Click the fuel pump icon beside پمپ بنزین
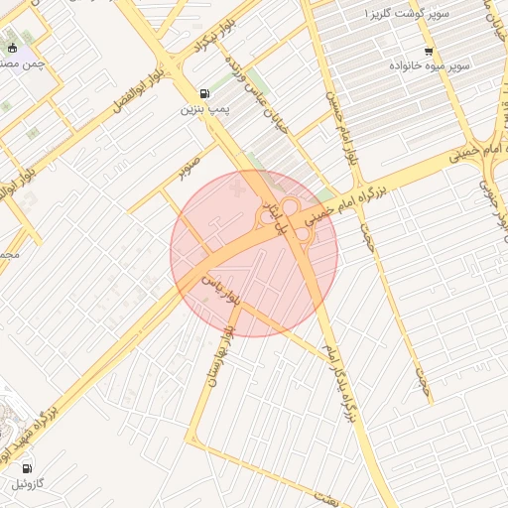(x=204, y=93)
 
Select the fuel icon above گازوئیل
(x=27, y=468)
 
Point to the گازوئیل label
(x=29, y=485)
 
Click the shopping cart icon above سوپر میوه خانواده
(x=429, y=52)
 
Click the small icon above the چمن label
(x=11, y=48)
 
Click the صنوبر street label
(x=190, y=163)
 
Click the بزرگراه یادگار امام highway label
(x=340, y=383)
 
